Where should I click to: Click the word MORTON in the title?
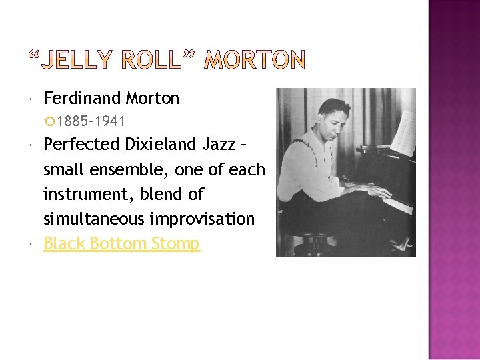(x=254, y=61)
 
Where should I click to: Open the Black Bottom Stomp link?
(x=121, y=244)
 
